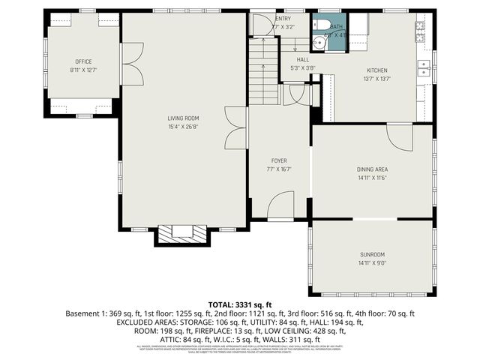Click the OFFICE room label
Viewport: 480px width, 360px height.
point(82,61)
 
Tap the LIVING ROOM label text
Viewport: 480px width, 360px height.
point(183,118)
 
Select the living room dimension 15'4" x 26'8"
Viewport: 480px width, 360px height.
point(183,127)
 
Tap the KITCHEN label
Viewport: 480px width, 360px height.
point(376,70)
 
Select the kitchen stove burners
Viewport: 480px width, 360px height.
point(420,32)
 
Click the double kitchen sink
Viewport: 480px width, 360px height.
point(424,68)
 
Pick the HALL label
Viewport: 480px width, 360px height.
point(302,59)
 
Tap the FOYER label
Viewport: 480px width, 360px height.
point(279,160)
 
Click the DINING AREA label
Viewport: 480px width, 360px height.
point(372,169)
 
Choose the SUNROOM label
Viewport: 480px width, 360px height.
point(372,255)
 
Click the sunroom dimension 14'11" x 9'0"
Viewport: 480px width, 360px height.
point(372,264)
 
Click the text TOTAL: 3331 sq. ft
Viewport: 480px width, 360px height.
point(240,304)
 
